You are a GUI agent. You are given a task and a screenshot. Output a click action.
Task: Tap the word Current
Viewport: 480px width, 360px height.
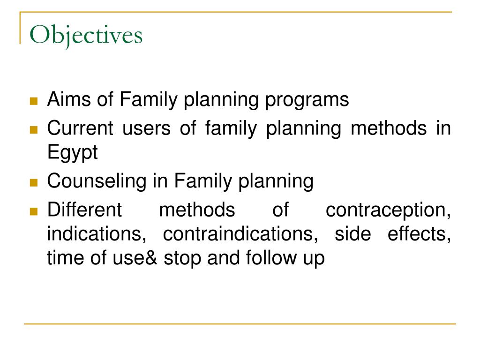coord(80,128)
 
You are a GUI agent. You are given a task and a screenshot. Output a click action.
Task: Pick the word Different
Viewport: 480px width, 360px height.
coord(85,210)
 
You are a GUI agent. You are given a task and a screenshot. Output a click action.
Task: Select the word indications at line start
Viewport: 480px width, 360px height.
coord(95,234)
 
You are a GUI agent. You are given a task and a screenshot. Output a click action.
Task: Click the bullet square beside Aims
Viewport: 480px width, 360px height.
coord(33,101)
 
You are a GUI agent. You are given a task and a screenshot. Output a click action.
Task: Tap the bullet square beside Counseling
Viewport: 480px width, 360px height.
coord(33,183)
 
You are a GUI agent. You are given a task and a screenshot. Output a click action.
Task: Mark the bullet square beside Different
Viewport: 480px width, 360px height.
coord(33,211)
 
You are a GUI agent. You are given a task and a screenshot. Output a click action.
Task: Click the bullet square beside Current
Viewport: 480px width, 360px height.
coord(33,129)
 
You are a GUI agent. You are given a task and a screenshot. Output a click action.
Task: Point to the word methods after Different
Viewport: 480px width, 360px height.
coord(197,210)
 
